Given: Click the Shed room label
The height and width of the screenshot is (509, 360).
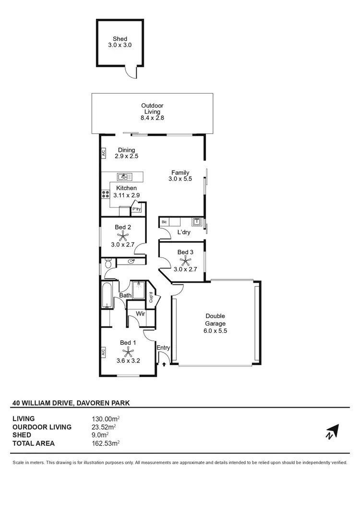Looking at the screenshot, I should [x=120, y=38].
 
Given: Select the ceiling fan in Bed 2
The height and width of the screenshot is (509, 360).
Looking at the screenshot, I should [x=124, y=236].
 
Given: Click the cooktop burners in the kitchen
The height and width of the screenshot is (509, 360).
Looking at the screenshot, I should [x=106, y=194].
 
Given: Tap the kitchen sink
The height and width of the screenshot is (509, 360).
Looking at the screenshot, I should [x=123, y=177].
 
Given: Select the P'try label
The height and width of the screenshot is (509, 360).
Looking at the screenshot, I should [x=137, y=209].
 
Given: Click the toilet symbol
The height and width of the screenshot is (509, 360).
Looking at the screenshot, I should [x=108, y=263].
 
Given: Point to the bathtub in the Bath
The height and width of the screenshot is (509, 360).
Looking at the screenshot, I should [x=107, y=295].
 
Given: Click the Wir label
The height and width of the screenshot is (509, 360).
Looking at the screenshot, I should [x=141, y=314].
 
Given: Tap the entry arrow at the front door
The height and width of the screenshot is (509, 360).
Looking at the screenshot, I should [x=164, y=364].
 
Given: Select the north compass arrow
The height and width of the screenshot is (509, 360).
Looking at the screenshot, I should [x=332, y=432].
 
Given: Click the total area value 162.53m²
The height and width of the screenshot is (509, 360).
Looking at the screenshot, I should [x=106, y=443].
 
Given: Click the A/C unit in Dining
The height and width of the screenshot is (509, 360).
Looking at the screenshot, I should [x=103, y=153].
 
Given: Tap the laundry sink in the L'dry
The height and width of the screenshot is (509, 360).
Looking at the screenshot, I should [x=197, y=222].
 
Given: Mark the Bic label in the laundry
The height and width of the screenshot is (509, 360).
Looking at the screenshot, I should [x=165, y=222].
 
